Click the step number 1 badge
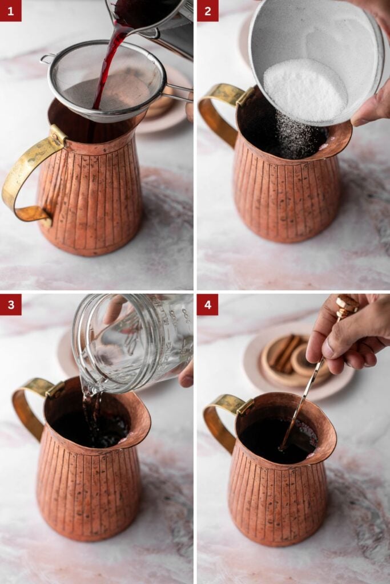coord(10,10)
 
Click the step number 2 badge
coord(207,10)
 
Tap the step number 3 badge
coord(10,305)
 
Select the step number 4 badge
coord(207,305)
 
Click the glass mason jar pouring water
coord(131,342)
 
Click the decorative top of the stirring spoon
coord(347,305)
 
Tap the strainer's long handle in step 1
coord(178,91)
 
